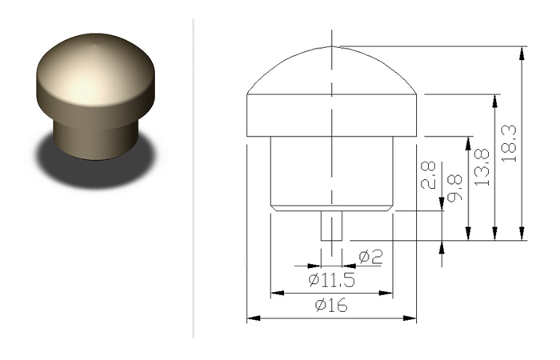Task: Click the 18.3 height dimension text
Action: click(509, 143)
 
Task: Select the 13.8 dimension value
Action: click(482, 167)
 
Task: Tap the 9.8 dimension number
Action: click(454, 188)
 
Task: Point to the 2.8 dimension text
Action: click(428, 175)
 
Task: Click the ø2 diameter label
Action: click(370, 257)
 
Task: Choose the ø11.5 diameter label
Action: click(332, 280)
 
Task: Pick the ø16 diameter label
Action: click(331, 306)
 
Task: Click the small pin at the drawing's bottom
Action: click(332, 226)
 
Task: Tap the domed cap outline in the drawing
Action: click(332, 46)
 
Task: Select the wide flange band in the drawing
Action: click(332, 115)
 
